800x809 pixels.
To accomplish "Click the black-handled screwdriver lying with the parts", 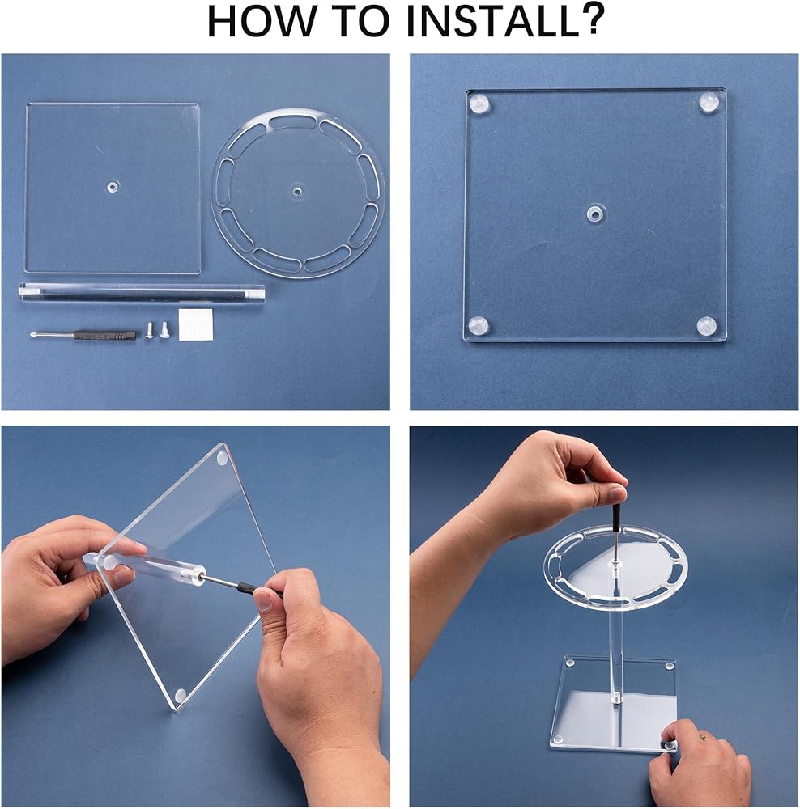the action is (x=85, y=335).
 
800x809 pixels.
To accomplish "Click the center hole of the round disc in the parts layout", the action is (x=296, y=192).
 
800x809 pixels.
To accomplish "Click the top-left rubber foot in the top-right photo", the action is (x=479, y=104).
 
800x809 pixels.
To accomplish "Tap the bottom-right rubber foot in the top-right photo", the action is (x=707, y=326).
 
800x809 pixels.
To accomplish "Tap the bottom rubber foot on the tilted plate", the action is (x=181, y=696).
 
